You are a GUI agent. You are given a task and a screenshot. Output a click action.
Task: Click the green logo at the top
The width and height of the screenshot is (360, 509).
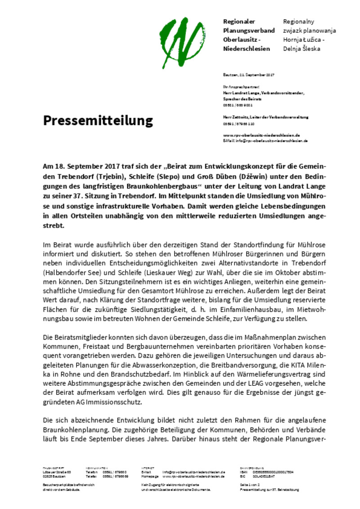coord(181,38)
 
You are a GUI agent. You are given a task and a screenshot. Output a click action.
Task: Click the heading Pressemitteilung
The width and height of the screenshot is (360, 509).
coord(98,121)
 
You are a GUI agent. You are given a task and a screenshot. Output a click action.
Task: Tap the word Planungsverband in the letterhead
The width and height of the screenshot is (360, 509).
coord(249,31)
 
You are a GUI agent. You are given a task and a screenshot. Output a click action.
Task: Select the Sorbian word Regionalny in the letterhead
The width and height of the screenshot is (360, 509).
coord(298,22)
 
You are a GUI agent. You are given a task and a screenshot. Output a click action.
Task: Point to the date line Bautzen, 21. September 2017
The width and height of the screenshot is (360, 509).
coord(249,75)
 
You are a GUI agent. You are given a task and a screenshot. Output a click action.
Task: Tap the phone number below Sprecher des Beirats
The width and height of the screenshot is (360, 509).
coord(237,105)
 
